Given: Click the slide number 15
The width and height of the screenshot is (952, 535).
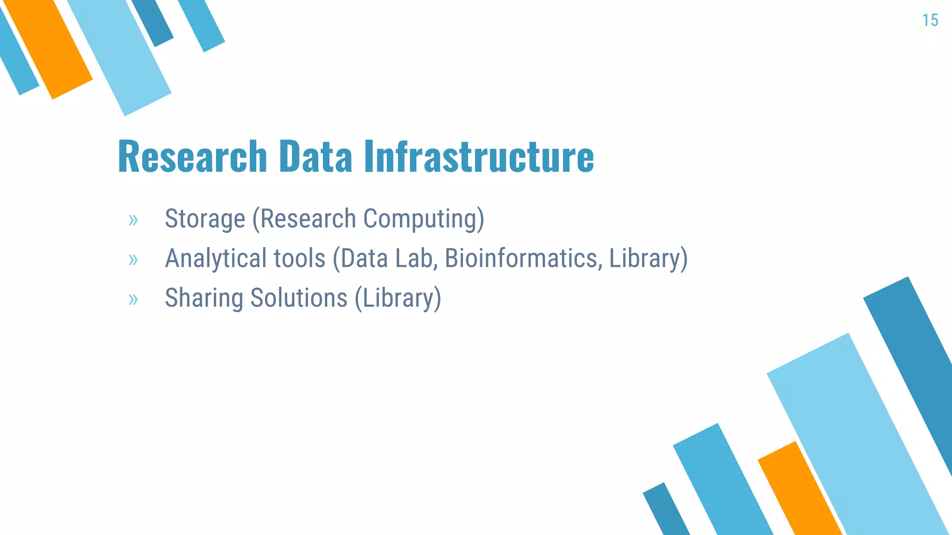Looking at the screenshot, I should (930, 20).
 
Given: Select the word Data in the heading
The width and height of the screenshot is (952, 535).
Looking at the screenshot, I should (316, 157).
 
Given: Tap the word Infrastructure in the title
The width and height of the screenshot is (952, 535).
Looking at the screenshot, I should (479, 157).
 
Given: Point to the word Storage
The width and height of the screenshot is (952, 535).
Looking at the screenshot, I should (205, 219).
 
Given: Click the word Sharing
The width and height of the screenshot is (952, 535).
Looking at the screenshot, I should (204, 298).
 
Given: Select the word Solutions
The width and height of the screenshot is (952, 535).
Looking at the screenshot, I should (299, 298).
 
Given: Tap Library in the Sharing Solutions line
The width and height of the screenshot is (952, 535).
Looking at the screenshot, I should (398, 298).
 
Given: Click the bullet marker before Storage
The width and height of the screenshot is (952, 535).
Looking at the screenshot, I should (133, 220).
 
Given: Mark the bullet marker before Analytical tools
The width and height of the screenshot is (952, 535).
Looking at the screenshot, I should (133, 260).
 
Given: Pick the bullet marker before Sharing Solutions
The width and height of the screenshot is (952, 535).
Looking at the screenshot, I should (133, 299).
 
